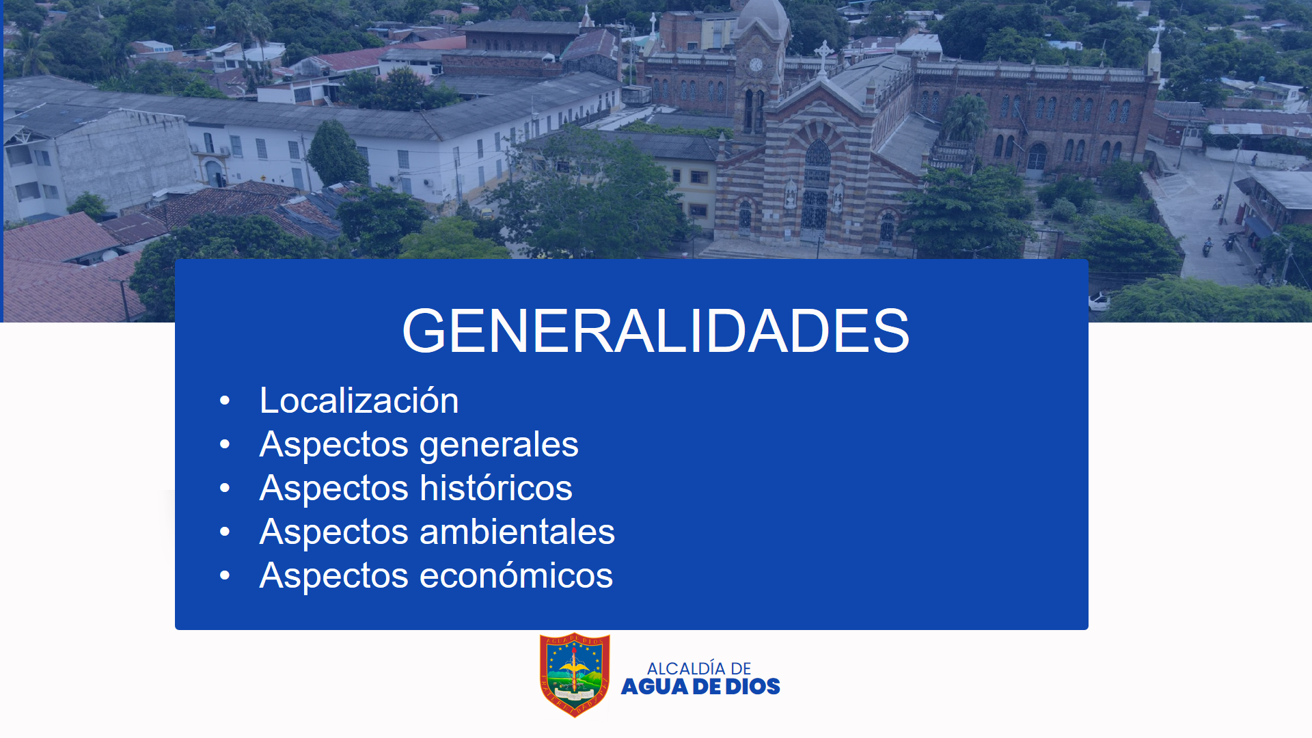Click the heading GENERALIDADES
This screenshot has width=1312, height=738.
click(655, 331)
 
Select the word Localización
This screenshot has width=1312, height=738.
click(359, 400)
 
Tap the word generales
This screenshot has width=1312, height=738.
click(499, 446)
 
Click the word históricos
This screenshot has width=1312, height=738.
click(496, 488)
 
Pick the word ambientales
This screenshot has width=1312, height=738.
click(517, 532)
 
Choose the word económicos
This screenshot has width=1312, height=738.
click(516, 575)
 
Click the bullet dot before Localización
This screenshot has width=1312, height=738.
click(225, 401)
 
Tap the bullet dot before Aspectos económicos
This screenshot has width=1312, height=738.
click(225, 576)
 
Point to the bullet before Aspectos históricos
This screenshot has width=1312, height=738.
click(225, 489)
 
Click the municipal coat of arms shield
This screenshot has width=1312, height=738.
click(575, 674)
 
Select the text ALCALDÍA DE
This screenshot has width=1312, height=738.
click(699, 668)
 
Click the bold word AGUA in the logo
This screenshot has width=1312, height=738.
click(655, 687)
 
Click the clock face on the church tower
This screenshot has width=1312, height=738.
click(756, 65)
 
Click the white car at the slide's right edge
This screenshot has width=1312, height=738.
click(1099, 301)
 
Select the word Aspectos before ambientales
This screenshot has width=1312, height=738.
click(334, 532)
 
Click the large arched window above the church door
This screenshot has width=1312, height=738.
click(817, 163)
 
